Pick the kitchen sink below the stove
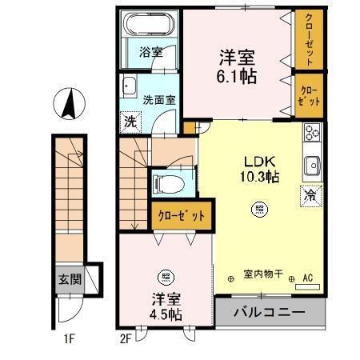(x=310, y=166)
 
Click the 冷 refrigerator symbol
(x=310, y=194)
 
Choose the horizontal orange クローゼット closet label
(x=181, y=215)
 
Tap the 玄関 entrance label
(x=69, y=279)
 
